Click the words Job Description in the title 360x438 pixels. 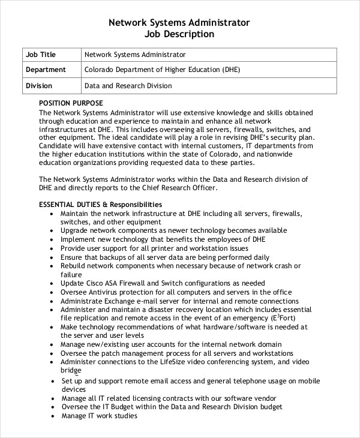coord(179,34)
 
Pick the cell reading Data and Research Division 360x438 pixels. coord(128,86)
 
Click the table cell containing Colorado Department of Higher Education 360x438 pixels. coord(162,70)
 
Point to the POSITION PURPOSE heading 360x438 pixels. coord(71,103)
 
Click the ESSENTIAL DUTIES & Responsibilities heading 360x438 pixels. coord(100,204)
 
